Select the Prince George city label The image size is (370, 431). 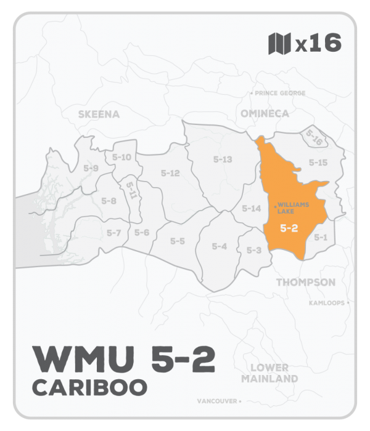(x=277, y=93)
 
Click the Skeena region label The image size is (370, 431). (x=99, y=114)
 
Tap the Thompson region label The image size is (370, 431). (x=306, y=282)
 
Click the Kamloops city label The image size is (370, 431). (x=327, y=303)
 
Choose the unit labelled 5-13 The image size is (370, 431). (x=222, y=159)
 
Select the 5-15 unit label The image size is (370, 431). (x=318, y=163)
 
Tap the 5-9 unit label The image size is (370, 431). (x=91, y=167)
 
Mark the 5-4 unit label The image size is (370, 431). (x=220, y=246)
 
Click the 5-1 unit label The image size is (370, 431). (x=320, y=236)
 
